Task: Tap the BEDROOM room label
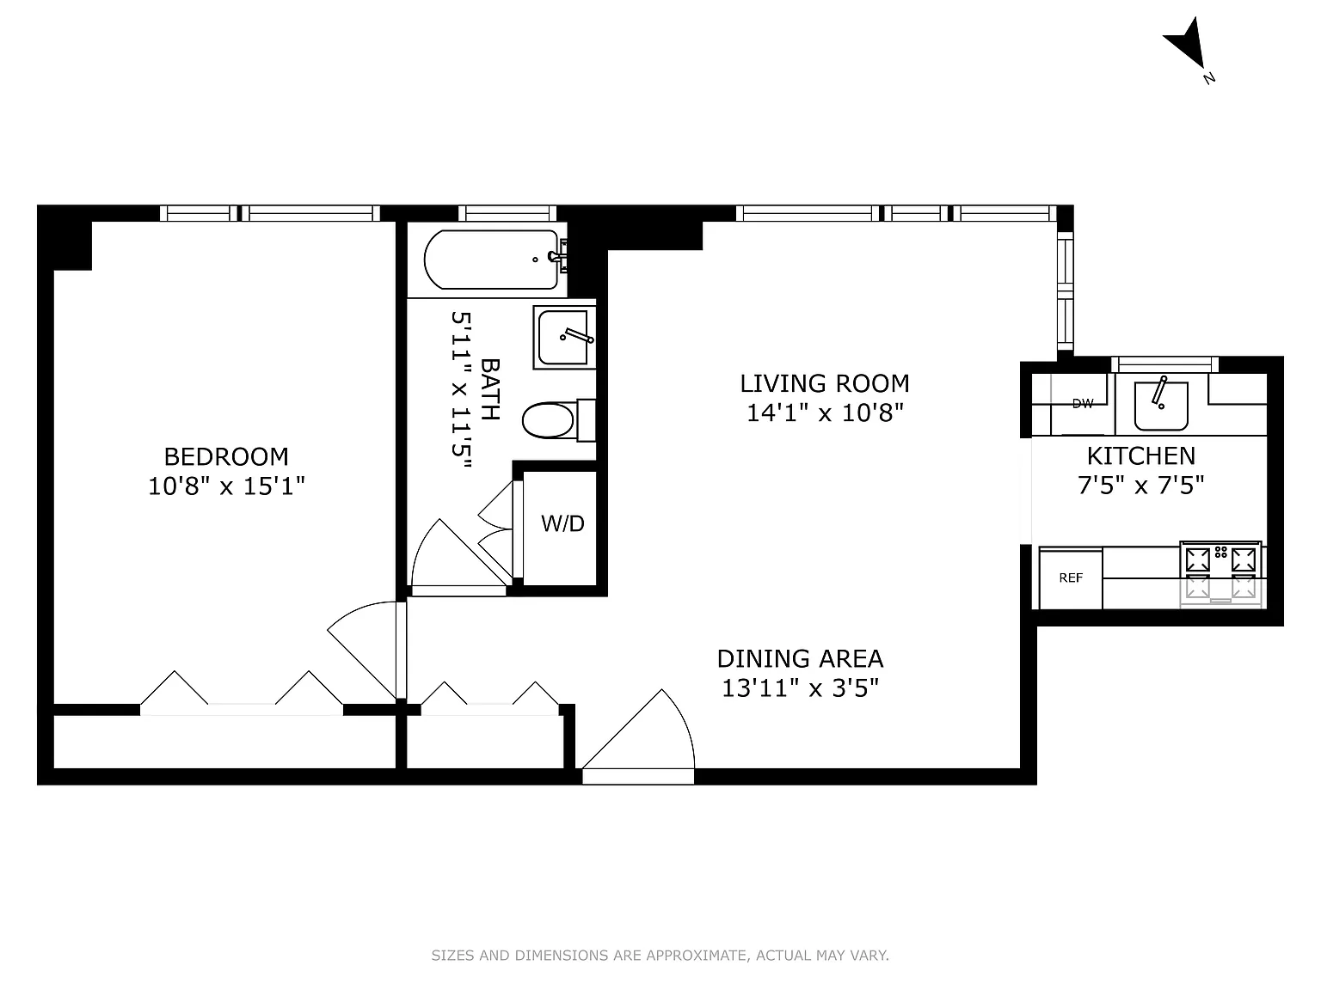pos(226,457)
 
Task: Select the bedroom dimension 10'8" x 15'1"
pos(226,486)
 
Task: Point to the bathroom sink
pos(564,338)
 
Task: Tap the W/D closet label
pos(562,523)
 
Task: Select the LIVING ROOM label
pos(825,383)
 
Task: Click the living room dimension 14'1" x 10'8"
pos(825,413)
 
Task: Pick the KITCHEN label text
pos(1141,456)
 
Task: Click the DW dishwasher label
pos(1083,404)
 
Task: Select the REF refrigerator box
pos(1071,578)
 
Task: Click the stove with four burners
pos(1220,575)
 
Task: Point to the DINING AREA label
pos(801,659)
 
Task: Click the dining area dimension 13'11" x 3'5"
pos(801,688)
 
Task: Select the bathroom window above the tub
pos(507,213)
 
